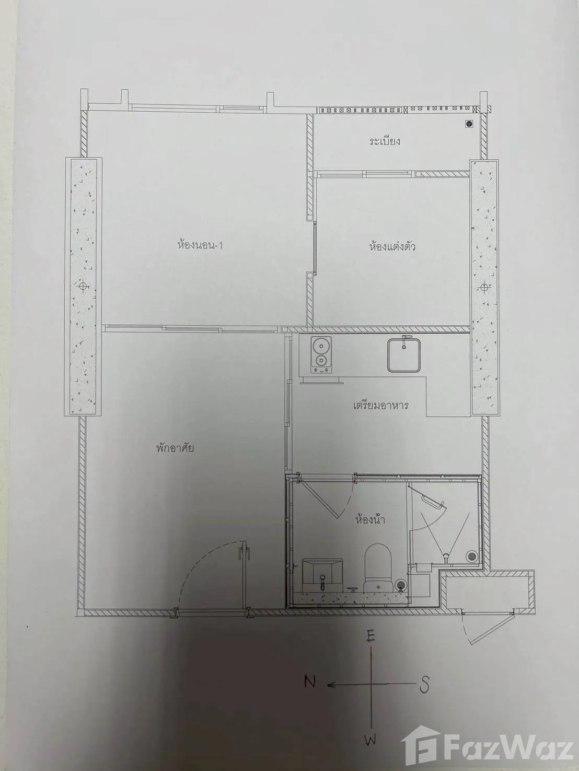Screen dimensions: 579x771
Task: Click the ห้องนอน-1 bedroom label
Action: pyautogui.click(x=200, y=245)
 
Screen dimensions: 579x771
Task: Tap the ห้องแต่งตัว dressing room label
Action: pyautogui.click(x=392, y=246)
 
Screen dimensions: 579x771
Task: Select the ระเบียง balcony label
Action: pyautogui.click(x=385, y=141)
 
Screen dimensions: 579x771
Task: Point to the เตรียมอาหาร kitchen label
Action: pyautogui.click(x=380, y=406)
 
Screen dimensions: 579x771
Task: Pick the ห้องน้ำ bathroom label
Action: pyautogui.click(x=370, y=519)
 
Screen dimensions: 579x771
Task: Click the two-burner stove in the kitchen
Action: pyautogui.click(x=320, y=355)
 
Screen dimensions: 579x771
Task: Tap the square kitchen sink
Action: pyautogui.click(x=404, y=355)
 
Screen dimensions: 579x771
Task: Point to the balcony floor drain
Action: pyautogui.click(x=469, y=124)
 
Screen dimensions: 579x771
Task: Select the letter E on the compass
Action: pyautogui.click(x=371, y=635)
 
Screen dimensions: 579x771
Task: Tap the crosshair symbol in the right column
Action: pyautogui.click(x=484, y=287)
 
